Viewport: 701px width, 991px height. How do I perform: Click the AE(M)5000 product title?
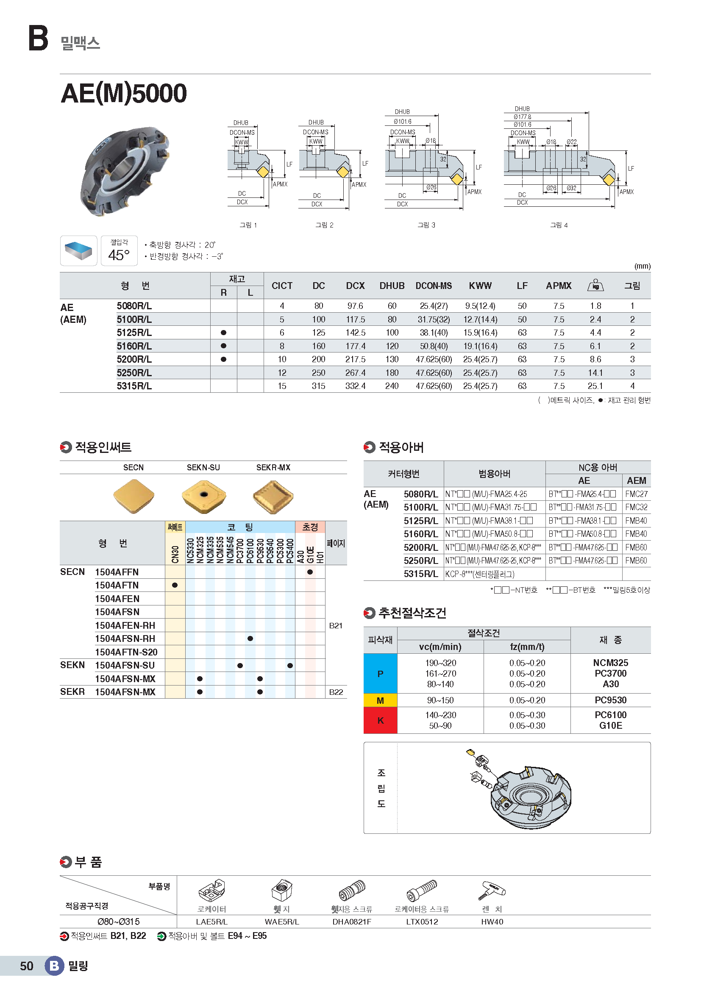124,93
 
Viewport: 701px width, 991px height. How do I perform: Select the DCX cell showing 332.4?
355,386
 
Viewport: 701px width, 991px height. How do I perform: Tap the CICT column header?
282,286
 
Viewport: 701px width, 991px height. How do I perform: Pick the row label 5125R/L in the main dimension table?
134,333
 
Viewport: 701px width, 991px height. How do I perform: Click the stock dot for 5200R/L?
223,359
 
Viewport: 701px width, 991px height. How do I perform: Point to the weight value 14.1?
595,373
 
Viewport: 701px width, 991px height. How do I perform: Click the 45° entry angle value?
119,255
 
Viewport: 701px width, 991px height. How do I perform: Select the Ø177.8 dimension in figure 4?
522,117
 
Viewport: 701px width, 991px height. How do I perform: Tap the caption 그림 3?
426,225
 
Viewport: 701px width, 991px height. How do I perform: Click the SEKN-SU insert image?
204,497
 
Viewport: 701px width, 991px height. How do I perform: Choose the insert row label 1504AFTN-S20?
126,652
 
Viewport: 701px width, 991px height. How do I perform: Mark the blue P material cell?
380,674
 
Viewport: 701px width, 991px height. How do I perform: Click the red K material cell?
380,720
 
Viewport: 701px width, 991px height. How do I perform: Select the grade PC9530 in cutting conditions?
610,700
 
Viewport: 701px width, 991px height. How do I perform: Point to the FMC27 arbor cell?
636,494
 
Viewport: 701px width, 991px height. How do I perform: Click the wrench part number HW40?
492,922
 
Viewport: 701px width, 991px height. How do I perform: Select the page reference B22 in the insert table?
336,692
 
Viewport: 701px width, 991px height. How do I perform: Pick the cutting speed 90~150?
440,700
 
